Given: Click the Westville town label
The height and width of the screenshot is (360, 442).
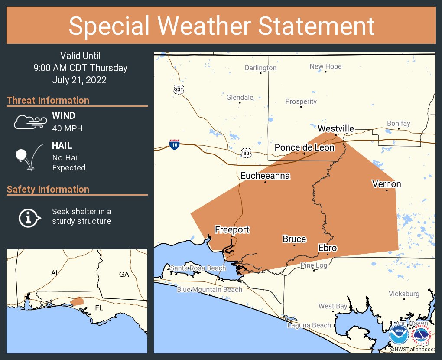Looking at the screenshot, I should (336, 128).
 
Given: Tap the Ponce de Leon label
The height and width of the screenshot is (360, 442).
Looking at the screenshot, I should (305, 147).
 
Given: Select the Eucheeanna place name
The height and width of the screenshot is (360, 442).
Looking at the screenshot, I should (265, 176).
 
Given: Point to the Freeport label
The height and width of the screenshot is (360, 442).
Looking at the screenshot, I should (232, 229).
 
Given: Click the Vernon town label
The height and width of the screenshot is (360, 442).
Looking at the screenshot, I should (387, 184).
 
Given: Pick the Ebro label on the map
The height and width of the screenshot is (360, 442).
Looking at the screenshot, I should (328, 248).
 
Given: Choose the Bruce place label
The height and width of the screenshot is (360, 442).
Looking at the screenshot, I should (294, 239).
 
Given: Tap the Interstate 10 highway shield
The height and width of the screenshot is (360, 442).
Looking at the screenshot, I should (174, 144).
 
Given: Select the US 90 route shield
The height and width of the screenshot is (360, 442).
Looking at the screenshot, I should (246, 153).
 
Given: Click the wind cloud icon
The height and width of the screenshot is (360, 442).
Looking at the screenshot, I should (29, 122).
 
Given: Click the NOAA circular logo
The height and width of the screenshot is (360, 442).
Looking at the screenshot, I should (398, 334).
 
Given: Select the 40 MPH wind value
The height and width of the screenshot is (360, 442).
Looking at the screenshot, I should (67, 128).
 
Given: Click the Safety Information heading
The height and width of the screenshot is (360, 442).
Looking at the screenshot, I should (48, 189).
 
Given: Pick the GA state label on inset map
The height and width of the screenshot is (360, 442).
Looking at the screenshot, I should (124, 274).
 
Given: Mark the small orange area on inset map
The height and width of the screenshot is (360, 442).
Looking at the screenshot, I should (77, 301).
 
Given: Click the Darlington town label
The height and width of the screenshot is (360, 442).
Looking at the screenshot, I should (260, 68).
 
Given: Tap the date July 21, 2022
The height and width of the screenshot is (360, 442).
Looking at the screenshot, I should (79, 80).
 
